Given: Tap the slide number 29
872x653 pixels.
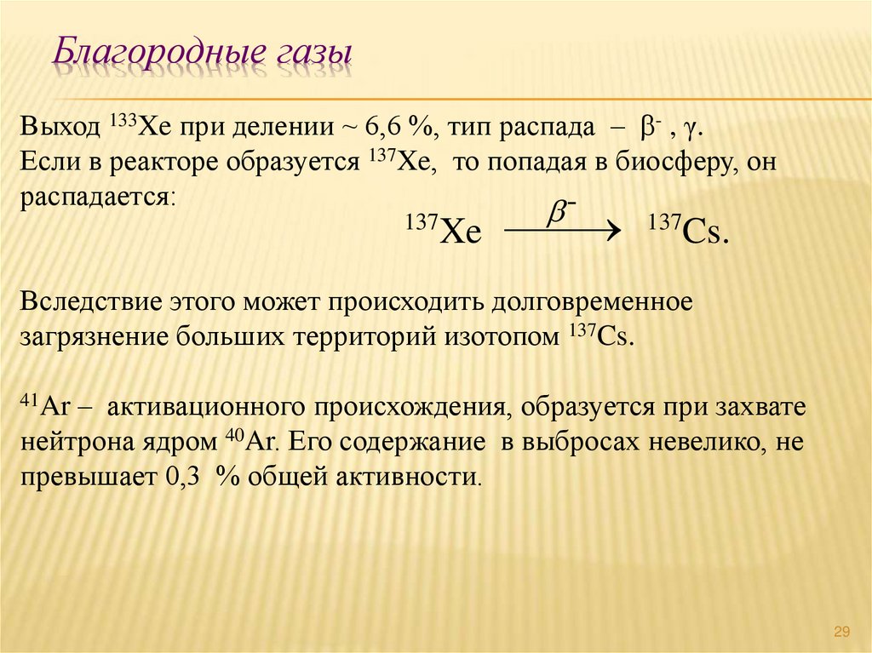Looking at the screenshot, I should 842,631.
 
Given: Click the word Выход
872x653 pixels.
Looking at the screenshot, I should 60,129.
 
